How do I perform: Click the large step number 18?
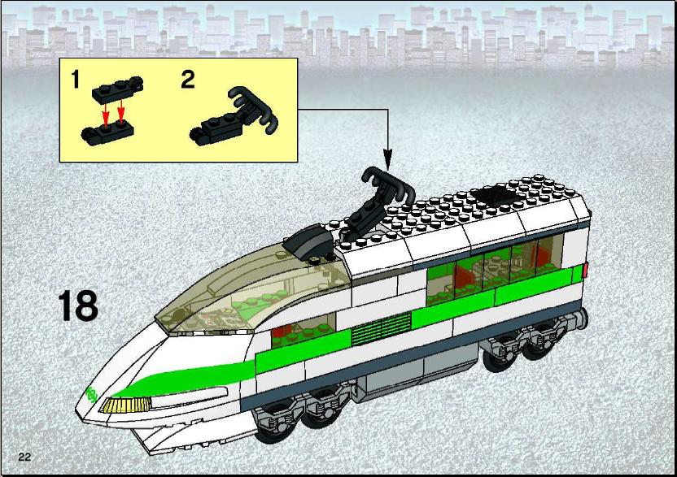(x=78, y=306)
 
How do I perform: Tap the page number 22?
(x=24, y=457)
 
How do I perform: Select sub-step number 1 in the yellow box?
(x=76, y=80)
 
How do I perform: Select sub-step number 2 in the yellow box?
(x=188, y=80)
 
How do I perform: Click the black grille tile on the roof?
(x=496, y=196)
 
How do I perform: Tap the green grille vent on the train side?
(x=382, y=328)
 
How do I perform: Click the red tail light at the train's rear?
(x=585, y=270)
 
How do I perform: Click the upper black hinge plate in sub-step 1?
(x=117, y=89)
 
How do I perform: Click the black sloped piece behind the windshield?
(x=309, y=243)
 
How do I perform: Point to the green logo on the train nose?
(x=91, y=394)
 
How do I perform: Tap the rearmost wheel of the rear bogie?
(x=539, y=342)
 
